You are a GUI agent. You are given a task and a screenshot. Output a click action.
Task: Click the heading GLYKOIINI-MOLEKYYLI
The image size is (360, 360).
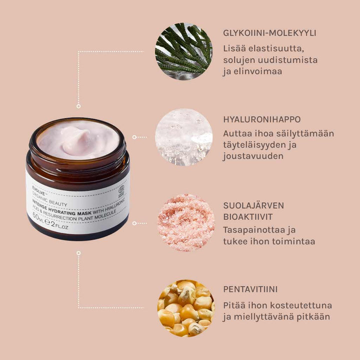click(x=269, y=33)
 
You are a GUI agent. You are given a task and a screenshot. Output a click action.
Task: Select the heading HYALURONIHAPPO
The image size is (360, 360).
click(x=262, y=119)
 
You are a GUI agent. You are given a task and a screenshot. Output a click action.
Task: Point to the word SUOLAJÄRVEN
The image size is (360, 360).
click(x=254, y=205)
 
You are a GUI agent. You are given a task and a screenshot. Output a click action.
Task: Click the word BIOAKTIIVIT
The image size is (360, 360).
click(x=247, y=217)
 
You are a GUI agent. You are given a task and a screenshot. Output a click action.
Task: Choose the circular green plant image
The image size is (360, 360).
click(x=183, y=51)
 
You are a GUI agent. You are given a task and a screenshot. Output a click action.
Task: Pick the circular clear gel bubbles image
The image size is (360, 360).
click(x=183, y=136)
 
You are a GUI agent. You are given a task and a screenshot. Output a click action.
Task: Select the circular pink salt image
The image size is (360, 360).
click(x=185, y=222)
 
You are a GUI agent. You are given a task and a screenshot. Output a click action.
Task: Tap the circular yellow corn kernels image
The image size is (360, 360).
click(x=185, y=308)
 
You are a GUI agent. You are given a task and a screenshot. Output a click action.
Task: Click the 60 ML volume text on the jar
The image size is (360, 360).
click(x=38, y=217)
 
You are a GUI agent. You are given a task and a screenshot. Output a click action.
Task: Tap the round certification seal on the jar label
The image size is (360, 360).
click(x=121, y=190)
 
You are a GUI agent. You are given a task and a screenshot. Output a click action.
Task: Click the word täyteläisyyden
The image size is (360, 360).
click(x=258, y=145)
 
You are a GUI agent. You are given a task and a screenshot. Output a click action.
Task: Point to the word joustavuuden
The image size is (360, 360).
click(x=253, y=156)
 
